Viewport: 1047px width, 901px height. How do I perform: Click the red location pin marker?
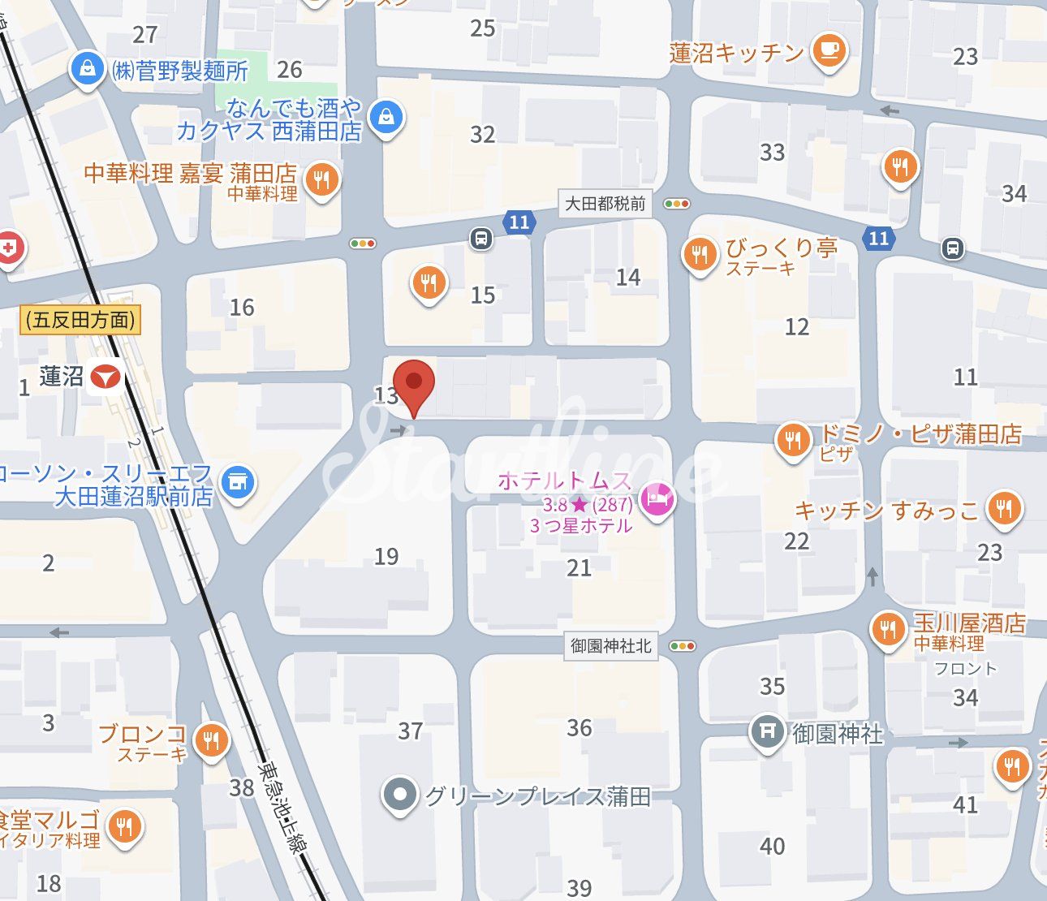point(414,383)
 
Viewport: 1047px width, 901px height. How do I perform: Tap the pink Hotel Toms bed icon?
point(657,499)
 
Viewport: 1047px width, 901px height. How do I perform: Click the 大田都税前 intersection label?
point(605,204)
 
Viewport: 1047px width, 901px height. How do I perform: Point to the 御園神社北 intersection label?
point(610,646)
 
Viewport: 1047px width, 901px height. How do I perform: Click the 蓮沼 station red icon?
point(106,377)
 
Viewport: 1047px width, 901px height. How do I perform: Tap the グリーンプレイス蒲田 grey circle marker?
point(399,795)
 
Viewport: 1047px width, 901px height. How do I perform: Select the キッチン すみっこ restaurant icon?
point(1005,510)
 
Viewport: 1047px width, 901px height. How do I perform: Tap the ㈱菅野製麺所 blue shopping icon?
point(86,70)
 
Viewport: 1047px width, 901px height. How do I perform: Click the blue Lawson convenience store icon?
point(237,483)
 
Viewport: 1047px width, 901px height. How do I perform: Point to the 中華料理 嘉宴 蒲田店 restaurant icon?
point(322,180)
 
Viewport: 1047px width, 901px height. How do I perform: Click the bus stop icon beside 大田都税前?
point(481,239)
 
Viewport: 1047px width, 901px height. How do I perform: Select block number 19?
point(386,556)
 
